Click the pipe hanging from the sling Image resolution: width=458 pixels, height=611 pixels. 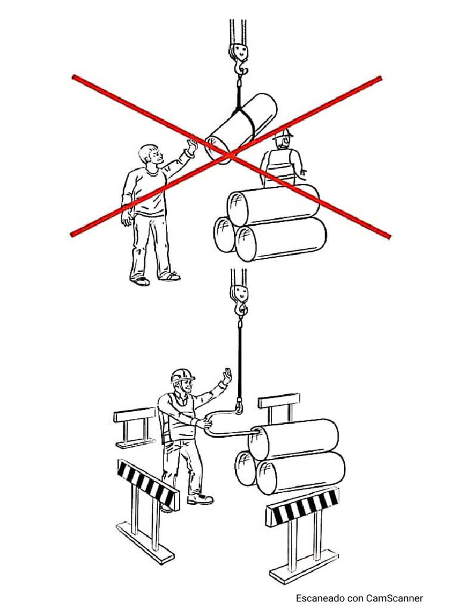point(242,126)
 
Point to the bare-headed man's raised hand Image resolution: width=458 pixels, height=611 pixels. point(191,147)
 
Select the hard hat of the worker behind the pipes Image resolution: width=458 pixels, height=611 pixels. point(283,134)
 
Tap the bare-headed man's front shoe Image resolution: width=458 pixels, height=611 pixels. point(170,277)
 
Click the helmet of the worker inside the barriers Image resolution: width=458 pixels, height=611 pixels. point(182,375)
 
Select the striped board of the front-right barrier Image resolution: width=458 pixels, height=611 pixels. point(302,506)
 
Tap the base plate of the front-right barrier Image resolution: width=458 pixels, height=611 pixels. point(304,566)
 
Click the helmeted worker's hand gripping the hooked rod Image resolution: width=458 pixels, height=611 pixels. point(205,422)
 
